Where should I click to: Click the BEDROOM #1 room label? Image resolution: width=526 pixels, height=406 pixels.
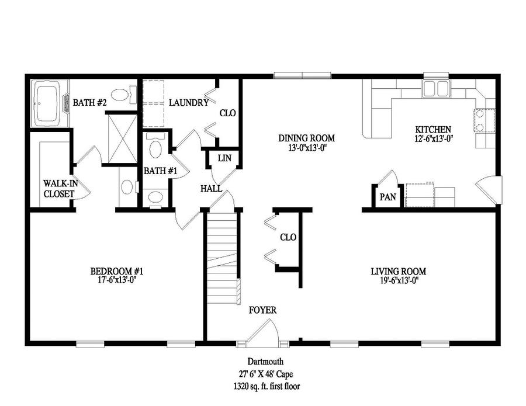click(x=117, y=272)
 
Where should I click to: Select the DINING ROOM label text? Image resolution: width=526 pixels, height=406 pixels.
click(x=306, y=138)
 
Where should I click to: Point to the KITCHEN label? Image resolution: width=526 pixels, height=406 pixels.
click(x=432, y=129)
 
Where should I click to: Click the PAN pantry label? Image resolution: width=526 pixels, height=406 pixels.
click(x=387, y=197)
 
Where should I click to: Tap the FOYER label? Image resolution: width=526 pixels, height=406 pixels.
click(x=262, y=310)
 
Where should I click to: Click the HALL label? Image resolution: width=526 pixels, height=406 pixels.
click(x=211, y=189)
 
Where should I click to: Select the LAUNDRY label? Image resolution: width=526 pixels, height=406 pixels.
click(x=189, y=103)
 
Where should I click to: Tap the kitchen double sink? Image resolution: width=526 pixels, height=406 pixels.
click(x=435, y=88)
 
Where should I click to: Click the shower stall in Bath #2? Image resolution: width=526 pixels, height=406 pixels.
click(x=122, y=138)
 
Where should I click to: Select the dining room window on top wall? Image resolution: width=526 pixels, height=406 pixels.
click(x=302, y=75)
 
